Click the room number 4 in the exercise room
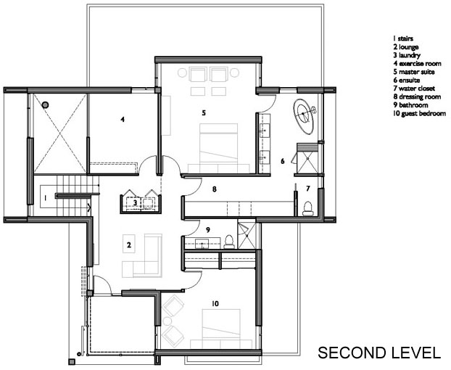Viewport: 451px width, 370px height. coord(123,119)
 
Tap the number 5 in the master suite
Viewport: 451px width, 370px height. coord(204,112)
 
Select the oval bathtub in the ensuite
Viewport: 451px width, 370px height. coord(304,116)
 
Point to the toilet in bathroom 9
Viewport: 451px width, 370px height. coord(229,242)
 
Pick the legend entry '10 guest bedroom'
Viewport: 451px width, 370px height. coord(420,113)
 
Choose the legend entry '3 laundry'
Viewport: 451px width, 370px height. coord(407,55)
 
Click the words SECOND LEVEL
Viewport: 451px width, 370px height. coord(379,353)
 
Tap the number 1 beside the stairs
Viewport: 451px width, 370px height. coord(45,198)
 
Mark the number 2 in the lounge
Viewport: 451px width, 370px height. coord(129,245)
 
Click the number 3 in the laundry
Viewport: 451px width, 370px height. coord(135,202)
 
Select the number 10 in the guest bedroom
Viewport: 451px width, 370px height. coord(215,303)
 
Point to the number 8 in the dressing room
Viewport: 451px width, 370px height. coord(215,189)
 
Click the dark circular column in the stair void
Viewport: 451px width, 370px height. coord(45,104)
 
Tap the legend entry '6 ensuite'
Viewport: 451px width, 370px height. coord(407,80)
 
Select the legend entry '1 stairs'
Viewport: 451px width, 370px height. coord(403,38)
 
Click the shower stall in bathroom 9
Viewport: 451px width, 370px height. coord(247,234)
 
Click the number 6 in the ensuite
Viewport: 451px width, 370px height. coord(283,161)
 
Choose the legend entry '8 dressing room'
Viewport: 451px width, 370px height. coord(417,96)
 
